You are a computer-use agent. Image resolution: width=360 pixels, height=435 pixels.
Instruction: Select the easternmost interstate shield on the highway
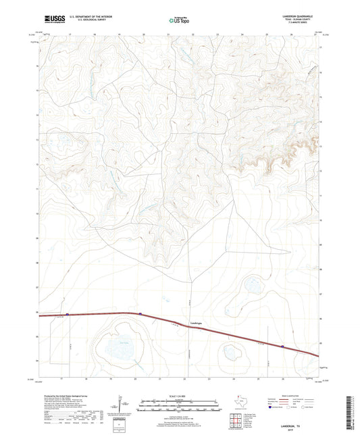click(x=283, y=347)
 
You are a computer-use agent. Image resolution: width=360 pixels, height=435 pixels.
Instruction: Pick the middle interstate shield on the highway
click(x=140, y=313)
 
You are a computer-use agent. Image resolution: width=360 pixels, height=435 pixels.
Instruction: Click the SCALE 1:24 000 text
click(x=179, y=395)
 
